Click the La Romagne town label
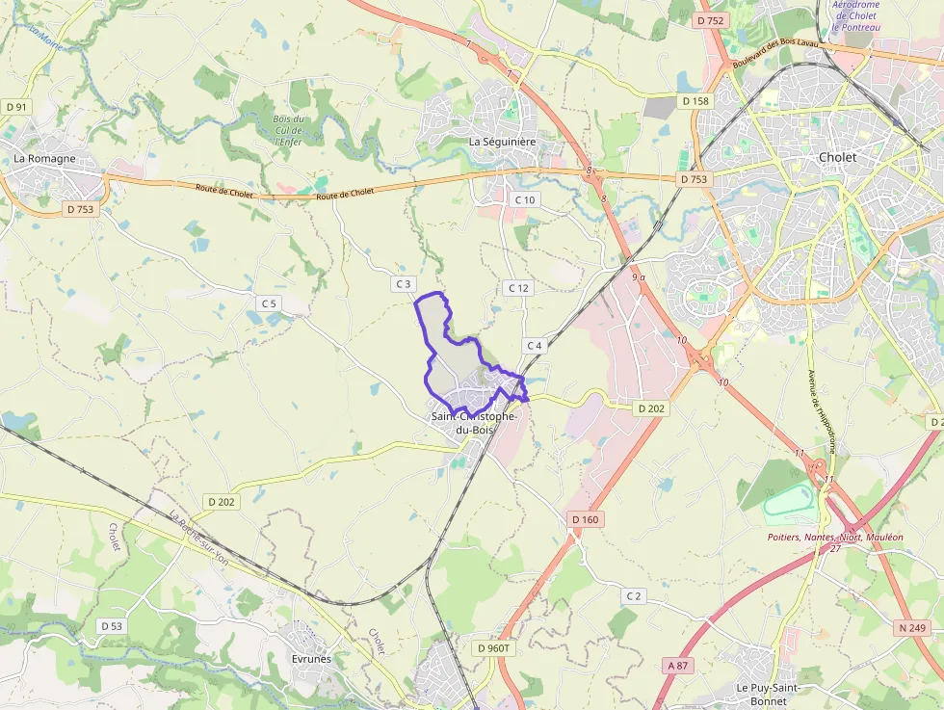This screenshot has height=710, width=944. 44,159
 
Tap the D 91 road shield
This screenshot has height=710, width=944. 16,107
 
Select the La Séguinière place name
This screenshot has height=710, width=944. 501,142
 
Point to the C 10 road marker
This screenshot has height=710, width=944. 524,199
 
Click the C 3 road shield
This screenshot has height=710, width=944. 403,284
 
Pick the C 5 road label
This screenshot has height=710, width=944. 269,303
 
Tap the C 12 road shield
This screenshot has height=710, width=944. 518,288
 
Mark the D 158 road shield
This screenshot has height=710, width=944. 695,101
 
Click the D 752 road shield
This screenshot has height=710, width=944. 709,20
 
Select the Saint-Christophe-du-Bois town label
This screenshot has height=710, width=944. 474,423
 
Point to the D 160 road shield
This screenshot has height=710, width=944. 585,519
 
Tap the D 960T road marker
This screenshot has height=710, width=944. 495,648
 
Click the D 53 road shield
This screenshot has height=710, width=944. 112,626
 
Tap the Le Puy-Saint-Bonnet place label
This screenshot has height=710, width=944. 768,694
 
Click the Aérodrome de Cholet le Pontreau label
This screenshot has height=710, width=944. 857,15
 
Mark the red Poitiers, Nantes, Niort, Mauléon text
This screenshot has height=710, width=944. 835,537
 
